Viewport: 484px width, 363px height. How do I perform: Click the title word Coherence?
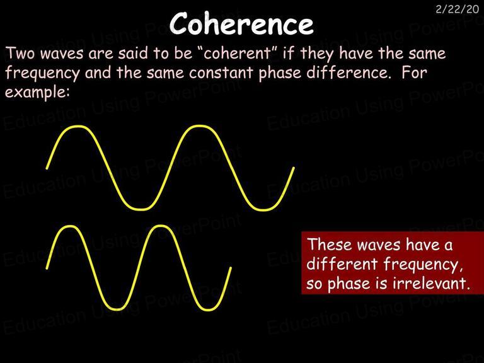pyautogui.click(x=241, y=23)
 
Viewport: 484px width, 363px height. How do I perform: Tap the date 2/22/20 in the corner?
pyautogui.click(x=457, y=9)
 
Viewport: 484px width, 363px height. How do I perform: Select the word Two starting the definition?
pyautogui.click(x=20, y=53)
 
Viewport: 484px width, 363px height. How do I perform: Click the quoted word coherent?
pyautogui.click(x=237, y=53)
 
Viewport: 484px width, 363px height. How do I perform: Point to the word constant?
pyautogui.click(x=221, y=73)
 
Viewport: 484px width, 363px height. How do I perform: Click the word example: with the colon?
pyautogui.click(x=37, y=93)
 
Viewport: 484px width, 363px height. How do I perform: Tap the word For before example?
pyautogui.click(x=415, y=73)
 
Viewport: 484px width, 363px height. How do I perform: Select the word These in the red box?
pyautogui.click(x=330, y=245)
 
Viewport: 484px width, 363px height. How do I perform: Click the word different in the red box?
pyautogui.click(x=342, y=264)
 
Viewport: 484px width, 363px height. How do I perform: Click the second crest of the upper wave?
pyautogui.click(x=200, y=126)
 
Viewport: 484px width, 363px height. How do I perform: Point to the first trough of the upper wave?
pyautogui.click(x=141, y=209)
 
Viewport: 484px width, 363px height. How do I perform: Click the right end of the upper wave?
pyautogui.click(x=294, y=168)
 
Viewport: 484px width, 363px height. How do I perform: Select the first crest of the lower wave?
pyautogui.click(x=71, y=226)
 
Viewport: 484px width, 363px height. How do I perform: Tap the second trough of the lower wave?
pyautogui.click(x=207, y=309)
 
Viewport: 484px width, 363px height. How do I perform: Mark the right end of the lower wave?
pyautogui.click(x=231, y=268)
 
